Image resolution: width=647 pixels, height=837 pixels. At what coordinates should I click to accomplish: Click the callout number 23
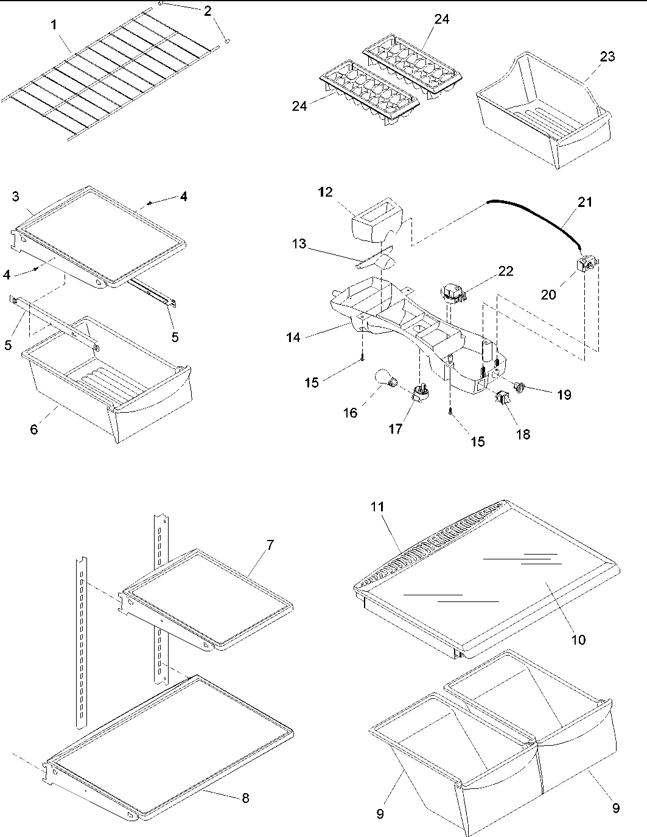point(607,57)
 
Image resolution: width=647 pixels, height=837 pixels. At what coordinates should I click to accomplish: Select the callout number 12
point(325,192)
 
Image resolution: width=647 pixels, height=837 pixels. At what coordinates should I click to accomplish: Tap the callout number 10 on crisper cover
point(578,640)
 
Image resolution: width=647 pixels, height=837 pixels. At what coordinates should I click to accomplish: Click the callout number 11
point(379,506)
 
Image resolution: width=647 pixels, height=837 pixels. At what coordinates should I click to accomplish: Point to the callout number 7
point(270,545)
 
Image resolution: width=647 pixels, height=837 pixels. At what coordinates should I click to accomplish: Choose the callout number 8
point(245,798)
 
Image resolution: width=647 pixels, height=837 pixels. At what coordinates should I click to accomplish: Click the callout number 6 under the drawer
point(34,430)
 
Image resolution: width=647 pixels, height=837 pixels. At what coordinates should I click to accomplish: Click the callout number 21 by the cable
point(585,202)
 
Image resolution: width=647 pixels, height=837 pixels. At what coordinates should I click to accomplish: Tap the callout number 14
point(294,336)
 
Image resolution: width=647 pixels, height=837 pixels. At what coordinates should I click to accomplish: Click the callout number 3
point(16,196)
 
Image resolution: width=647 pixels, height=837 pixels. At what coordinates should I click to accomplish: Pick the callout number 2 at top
point(208,10)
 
